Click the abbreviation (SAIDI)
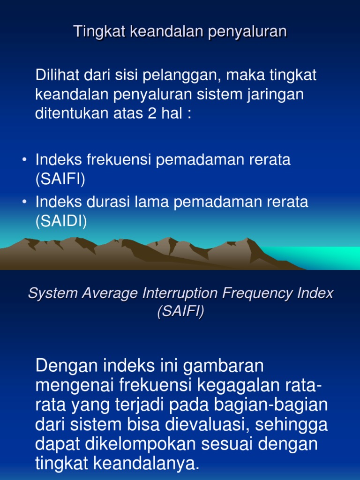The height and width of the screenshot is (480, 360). (x=61, y=221)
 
